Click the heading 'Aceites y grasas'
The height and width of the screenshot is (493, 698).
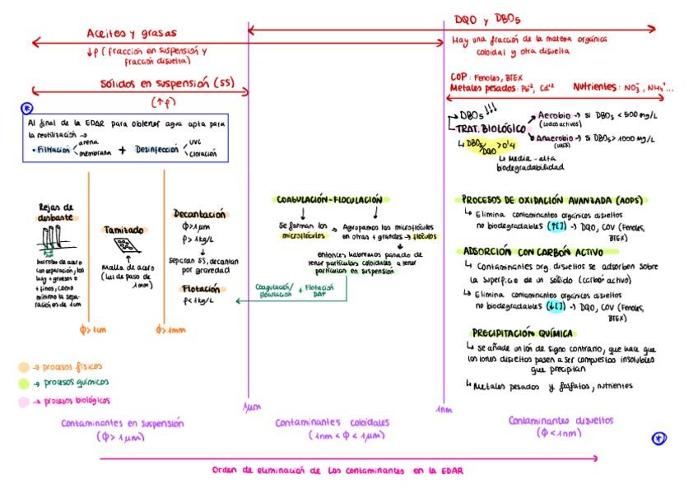click(132, 34)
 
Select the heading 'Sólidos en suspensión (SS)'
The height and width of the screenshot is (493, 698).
click(167, 84)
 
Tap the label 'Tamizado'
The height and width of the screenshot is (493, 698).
click(124, 230)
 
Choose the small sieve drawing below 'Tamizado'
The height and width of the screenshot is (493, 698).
click(123, 245)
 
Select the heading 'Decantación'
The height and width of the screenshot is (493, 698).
click(199, 214)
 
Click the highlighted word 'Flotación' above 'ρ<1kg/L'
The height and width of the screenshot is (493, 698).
click(201, 289)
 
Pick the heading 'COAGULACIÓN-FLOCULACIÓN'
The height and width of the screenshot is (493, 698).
click(329, 200)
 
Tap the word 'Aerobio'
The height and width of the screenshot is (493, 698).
click(556, 116)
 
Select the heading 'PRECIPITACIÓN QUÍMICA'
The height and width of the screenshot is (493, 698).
click(521, 333)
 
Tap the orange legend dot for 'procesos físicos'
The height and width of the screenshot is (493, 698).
click(24, 367)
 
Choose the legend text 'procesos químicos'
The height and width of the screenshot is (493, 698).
click(76, 383)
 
